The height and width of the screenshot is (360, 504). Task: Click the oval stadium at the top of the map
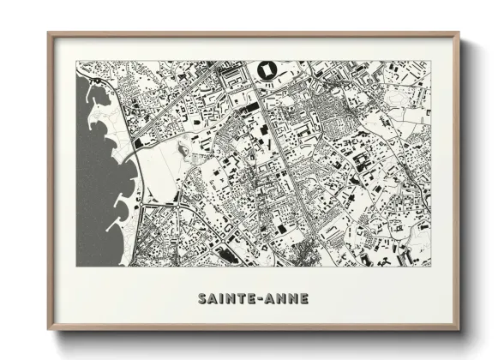pos(266,69)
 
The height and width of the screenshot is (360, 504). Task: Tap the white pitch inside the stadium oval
pos(266,69)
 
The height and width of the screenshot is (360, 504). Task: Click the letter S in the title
pos(202,299)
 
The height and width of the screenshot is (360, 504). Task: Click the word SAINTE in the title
pos(225,299)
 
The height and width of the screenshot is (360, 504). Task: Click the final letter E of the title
pos(303,299)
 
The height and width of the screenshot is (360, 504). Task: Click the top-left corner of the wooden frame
pos(50,34)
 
